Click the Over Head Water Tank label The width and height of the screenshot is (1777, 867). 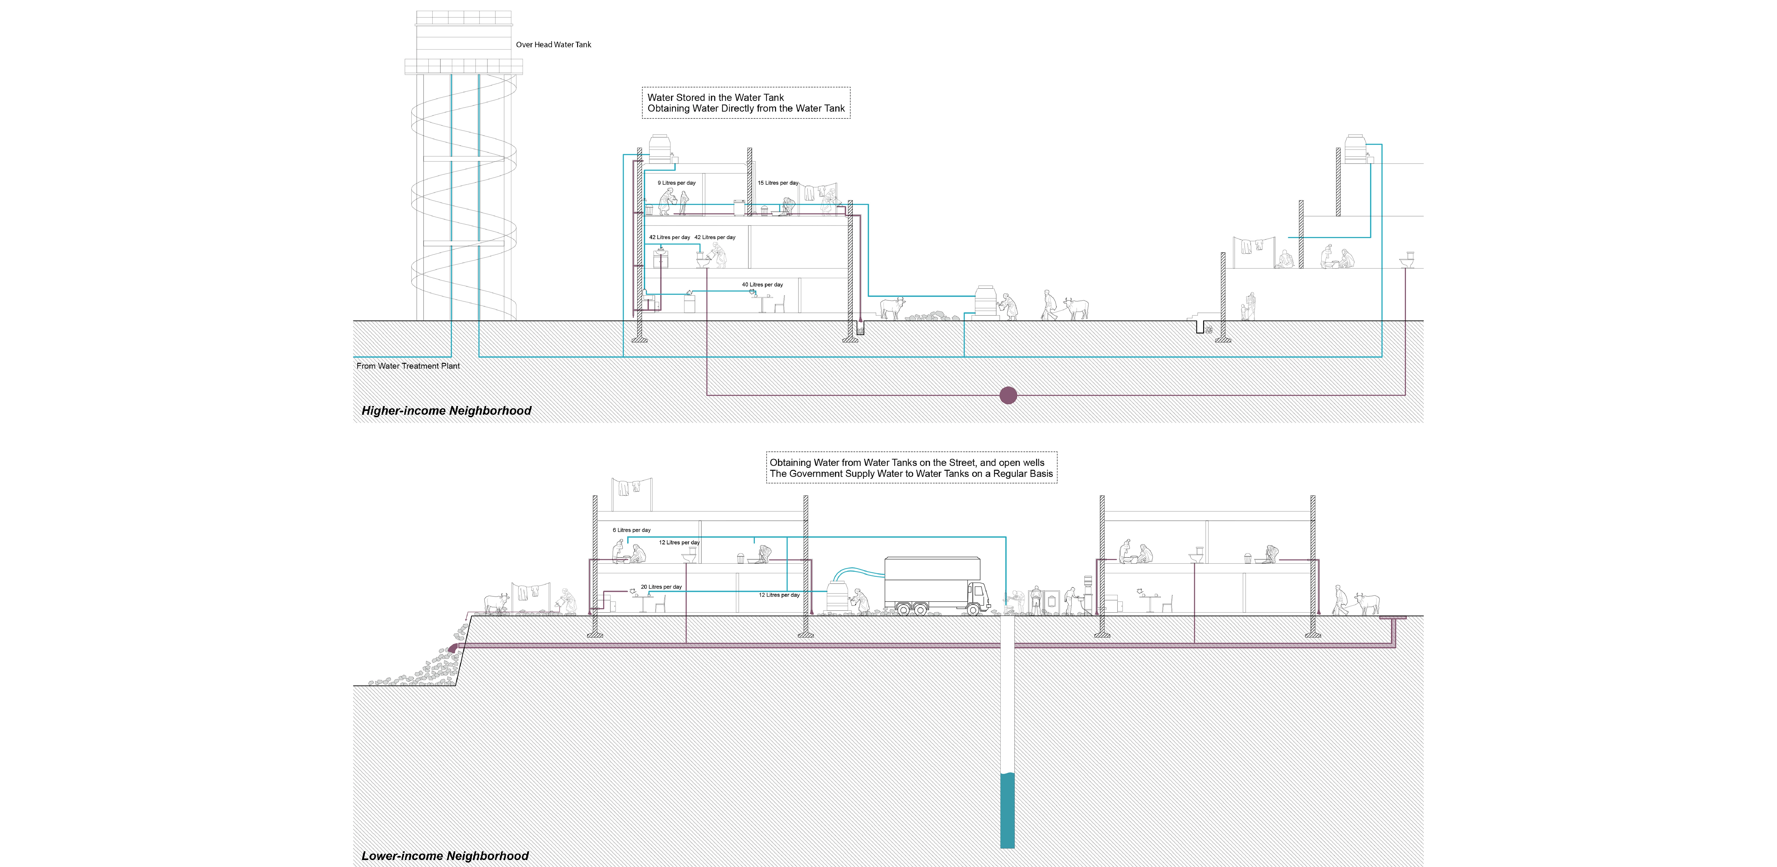(x=553, y=45)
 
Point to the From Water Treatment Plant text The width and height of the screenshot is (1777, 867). (x=408, y=366)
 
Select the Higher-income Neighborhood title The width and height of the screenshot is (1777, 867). (x=446, y=411)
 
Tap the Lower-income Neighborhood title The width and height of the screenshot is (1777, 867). (x=445, y=856)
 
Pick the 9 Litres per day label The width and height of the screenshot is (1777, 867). (x=676, y=183)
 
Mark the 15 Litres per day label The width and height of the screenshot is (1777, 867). (x=778, y=183)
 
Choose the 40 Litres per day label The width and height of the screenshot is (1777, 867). (x=762, y=284)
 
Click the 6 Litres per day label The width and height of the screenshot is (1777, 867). (x=631, y=530)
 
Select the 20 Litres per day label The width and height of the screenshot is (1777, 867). (x=661, y=587)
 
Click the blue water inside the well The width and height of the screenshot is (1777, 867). (x=1007, y=810)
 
